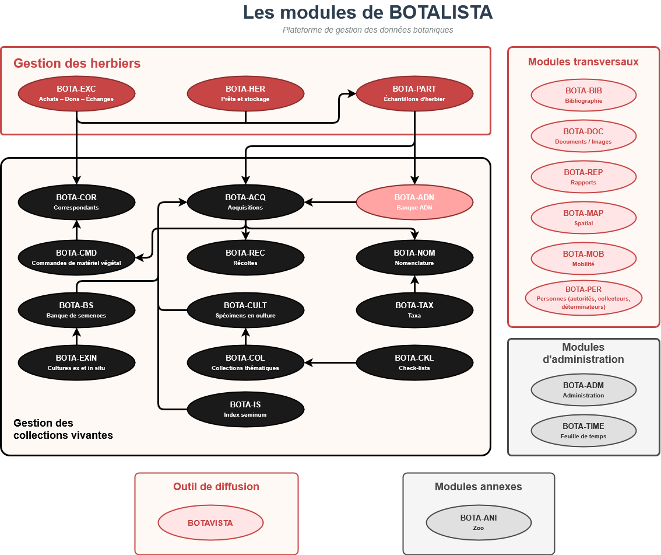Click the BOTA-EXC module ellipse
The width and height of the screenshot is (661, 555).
76,93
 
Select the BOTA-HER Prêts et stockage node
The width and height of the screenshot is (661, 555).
245,93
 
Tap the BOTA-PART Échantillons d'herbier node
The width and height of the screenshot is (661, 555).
414,93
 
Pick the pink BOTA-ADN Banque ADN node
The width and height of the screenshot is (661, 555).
414,202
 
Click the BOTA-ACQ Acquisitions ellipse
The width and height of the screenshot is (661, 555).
245,202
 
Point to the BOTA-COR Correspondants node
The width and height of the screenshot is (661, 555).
76,202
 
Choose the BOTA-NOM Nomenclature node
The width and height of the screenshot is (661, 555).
414,257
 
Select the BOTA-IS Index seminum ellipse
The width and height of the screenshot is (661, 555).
245,409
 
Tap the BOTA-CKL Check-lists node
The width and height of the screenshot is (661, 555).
414,362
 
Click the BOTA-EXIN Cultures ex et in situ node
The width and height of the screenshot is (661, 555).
76,362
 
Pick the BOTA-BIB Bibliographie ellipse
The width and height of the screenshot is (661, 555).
583,95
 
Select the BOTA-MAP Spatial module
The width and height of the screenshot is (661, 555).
583,218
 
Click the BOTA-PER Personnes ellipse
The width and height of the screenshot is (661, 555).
583,298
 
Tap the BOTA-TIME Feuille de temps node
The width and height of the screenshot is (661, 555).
583,431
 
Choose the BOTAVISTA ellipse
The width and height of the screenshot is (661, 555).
210,523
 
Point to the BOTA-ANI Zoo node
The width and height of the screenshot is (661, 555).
479,522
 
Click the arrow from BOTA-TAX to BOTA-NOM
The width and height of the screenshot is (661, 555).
414,284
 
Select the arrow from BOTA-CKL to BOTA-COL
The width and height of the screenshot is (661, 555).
330,362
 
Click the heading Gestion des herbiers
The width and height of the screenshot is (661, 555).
77,63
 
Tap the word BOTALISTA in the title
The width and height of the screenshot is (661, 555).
432,13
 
